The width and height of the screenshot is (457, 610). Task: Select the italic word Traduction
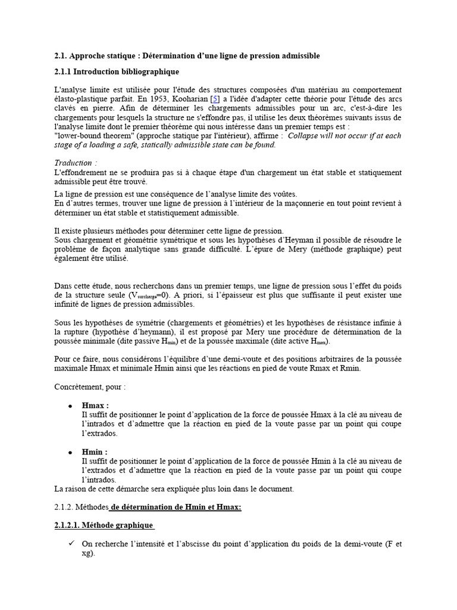(x=73, y=163)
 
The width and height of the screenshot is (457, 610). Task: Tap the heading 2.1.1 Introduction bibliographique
(x=116, y=72)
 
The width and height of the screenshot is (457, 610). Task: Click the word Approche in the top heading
(x=86, y=55)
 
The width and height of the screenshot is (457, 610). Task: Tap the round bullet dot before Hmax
(x=70, y=406)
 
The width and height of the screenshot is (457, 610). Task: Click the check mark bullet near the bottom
(x=71, y=544)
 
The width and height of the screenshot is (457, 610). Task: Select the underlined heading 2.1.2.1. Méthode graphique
(x=104, y=525)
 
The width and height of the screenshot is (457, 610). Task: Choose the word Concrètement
(x=80, y=387)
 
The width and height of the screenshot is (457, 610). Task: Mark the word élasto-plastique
(x=80, y=99)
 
